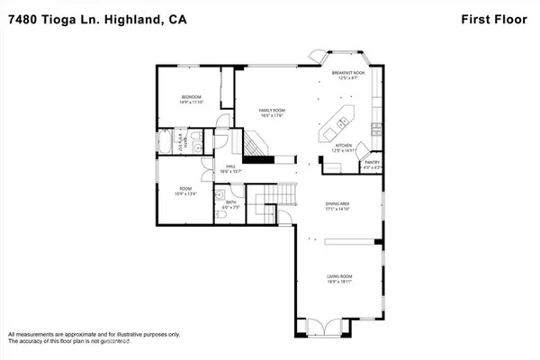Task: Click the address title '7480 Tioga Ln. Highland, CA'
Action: pyautogui.click(x=90, y=21)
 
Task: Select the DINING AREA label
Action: pyautogui.click(x=337, y=206)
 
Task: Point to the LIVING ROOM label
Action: pyautogui.click(x=337, y=278)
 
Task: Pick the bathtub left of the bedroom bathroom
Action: pyautogui.click(x=166, y=143)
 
